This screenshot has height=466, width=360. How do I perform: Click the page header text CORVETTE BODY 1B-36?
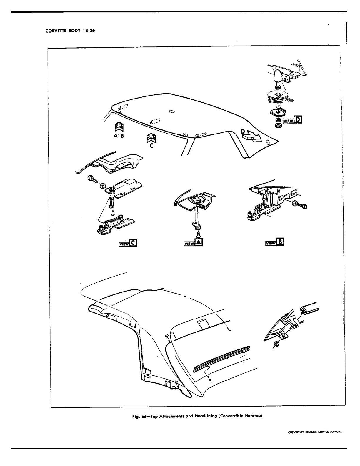point(70,31)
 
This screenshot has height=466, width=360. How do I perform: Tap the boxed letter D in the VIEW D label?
point(298,120)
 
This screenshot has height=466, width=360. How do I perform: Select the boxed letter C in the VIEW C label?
point(133,242)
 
